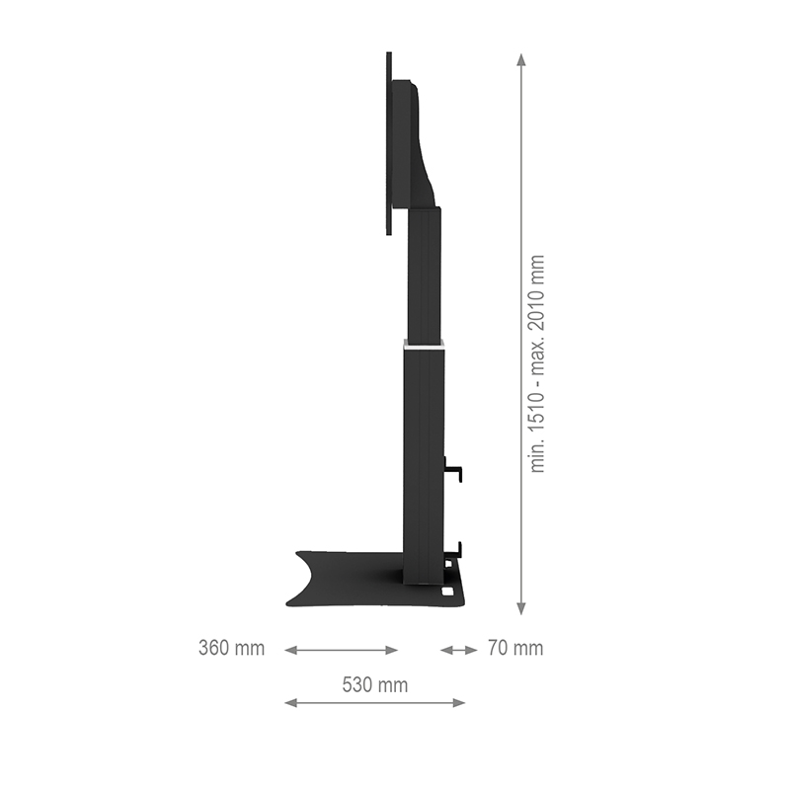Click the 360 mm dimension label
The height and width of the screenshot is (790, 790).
231,649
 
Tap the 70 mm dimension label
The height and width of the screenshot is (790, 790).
514,649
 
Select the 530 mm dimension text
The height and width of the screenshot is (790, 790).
374,684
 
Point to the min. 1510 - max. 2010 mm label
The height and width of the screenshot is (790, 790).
538,363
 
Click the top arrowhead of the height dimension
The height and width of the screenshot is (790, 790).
521,59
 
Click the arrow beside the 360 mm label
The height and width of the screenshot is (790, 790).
341,650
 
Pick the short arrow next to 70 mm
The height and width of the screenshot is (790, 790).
458,650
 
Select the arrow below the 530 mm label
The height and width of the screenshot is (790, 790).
374,703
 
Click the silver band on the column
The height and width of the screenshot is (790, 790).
424,345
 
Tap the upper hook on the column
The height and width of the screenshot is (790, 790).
455,470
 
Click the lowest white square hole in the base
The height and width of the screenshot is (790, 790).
450,592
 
